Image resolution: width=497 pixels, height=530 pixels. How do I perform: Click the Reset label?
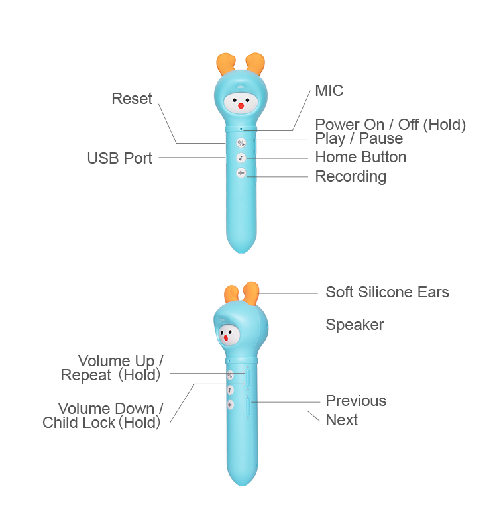(132, 99)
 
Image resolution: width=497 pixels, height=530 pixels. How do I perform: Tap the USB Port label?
(119, 158)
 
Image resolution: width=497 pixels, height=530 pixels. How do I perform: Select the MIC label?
(329, 91)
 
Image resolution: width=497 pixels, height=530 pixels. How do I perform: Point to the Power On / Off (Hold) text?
(390, 125)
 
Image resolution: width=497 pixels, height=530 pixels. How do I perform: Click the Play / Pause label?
(359, 139)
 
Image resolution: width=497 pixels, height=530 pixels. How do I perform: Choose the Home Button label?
(360, 158)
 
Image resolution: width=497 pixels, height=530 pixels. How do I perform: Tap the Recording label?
(351, 176)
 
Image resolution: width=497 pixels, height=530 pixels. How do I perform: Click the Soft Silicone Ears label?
(387, 292)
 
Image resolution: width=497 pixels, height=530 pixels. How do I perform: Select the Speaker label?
(355, 325)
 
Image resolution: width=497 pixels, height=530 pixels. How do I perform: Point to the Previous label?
(356, 401)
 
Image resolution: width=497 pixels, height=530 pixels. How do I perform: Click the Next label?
(341, 420)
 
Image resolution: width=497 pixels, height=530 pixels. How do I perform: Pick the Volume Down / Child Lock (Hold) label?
(103, 416)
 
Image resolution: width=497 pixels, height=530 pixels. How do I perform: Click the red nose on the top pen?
(241, 105)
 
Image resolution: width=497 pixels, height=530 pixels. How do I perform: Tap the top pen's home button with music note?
(241, 158)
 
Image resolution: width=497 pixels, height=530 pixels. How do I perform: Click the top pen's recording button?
(241, 174)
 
